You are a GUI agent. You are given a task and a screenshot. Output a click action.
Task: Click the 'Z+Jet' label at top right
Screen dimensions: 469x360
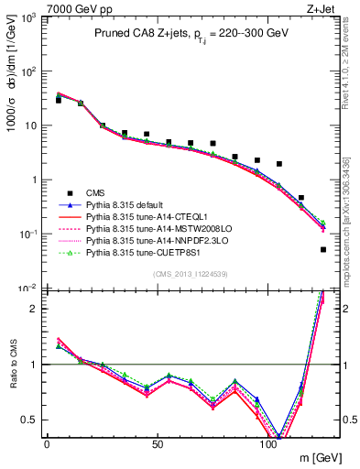point(322,8)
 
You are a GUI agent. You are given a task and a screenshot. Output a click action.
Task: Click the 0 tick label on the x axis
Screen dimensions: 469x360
point(47,444)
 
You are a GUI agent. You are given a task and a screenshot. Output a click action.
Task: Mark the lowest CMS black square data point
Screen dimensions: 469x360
point(323,249)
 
